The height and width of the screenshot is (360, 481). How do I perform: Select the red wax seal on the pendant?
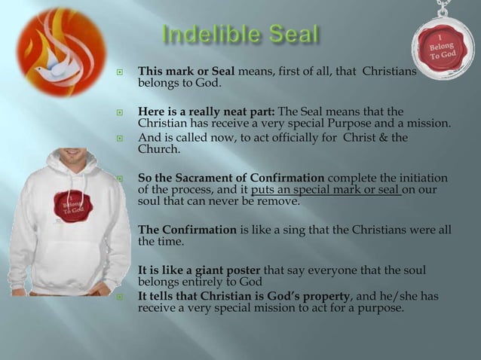[443, 49]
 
